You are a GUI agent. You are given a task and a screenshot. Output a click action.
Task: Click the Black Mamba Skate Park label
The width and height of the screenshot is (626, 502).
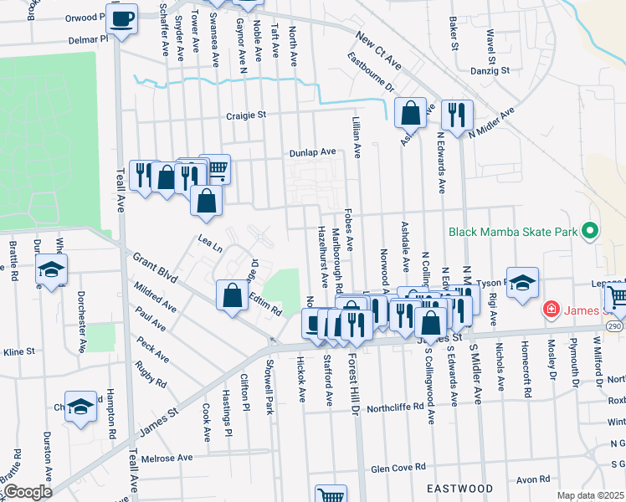coord(512,232)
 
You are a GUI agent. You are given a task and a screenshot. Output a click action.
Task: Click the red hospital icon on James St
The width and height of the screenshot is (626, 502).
coord(552,310)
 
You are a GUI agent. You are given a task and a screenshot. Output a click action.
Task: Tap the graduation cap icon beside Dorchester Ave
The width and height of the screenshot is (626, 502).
coord(52,269)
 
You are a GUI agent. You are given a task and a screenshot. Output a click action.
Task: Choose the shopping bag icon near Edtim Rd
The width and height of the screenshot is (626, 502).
coord(232,295)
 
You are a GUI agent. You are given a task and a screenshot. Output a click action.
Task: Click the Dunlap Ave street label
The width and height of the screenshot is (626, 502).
coord(312,152)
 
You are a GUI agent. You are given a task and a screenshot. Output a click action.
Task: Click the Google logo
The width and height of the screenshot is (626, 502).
coord(28,491)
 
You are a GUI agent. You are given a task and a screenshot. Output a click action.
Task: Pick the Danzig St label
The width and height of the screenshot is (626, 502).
coord(490,73)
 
